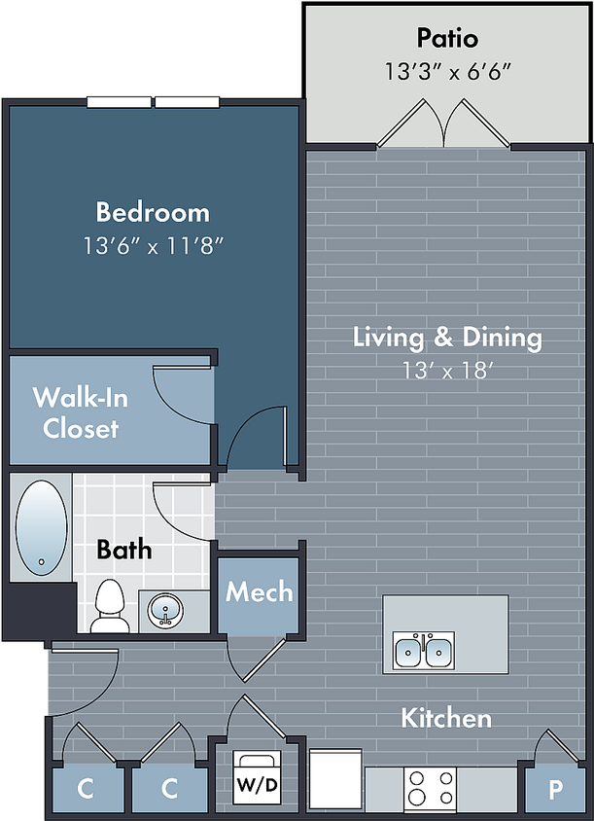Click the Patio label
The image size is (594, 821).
[x=447, y=38]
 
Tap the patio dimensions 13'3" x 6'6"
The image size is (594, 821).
[x=447, y=71]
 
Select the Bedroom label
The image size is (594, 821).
[x=153, y=212]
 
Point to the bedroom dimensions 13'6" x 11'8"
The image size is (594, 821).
[x=154, y=245]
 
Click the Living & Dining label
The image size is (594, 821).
[x=447, y=338]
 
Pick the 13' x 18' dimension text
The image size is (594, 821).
[x=448, y=371]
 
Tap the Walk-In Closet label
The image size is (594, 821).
[x=80, y=413]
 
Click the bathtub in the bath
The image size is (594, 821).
[x=42, y=528]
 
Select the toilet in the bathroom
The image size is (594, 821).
[x=111, y=605]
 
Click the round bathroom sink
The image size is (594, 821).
[x=165, y=610]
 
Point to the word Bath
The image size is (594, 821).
[x=124, y=550]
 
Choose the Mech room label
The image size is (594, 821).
[x=259, y=591]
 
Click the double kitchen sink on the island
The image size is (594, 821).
[x=424, y=650]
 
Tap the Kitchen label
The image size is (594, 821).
[x=446, y=718]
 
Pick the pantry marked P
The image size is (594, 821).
[x=555, y=789]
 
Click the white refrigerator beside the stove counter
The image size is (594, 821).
[x=335, y=778]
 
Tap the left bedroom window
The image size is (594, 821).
[x=119, y=102]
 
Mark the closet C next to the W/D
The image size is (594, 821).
[x=169, y=789]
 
